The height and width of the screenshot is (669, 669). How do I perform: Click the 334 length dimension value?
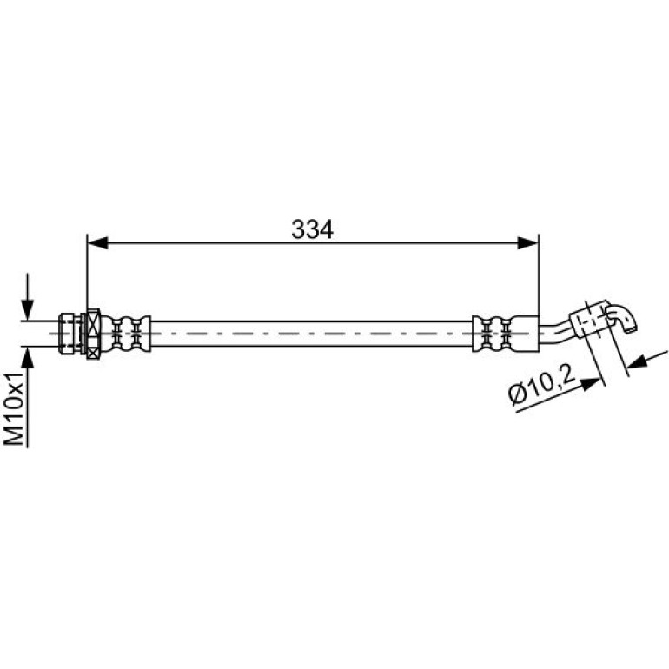[x=312, y=229]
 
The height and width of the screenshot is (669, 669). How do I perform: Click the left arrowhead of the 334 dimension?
[x=97, y=243]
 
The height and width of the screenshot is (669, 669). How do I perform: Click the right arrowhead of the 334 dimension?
[x=528, y=243]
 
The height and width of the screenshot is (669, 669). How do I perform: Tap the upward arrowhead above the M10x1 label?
[x=27, y=357]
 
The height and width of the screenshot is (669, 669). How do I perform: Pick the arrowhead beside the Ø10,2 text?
[x=592, y=383]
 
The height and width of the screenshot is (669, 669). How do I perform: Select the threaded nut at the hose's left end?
[x=71, y=334]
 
